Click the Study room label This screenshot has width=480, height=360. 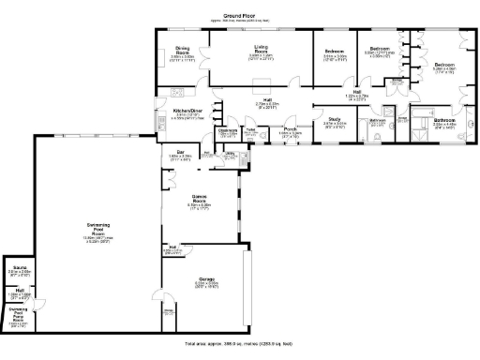334,118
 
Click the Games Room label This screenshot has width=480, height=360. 199,199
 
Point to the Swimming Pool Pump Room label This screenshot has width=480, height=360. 18,312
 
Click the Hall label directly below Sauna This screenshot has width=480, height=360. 19,290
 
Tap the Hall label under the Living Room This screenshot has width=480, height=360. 267,98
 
